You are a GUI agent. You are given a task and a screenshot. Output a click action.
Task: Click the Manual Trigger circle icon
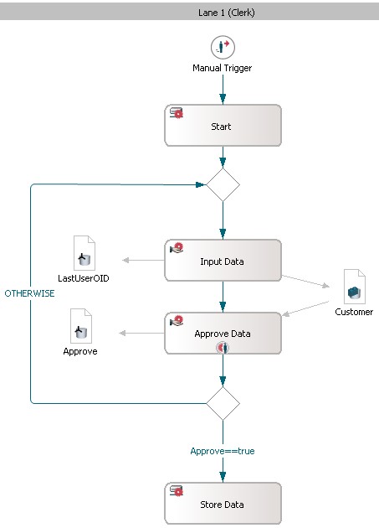(223, 48)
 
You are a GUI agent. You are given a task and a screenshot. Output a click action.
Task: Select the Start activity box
(223, 125)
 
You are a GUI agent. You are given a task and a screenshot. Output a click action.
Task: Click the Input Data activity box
(223, 261)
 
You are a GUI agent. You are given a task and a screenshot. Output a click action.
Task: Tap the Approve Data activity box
(223, 333)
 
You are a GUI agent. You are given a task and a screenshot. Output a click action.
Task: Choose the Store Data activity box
(223, 503)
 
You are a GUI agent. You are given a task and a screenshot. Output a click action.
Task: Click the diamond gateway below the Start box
(223, 185)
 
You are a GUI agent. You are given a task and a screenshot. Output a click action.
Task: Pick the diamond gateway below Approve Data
(223, 403)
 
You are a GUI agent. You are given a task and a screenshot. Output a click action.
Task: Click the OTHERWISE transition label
(29, 293)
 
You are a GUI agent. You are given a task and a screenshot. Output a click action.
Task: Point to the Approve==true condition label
(223, 451)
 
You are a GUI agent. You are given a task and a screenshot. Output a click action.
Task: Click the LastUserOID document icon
(84, 253)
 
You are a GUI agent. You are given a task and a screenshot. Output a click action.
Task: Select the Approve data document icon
(80, 326)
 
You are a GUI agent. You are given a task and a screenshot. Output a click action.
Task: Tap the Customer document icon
(355, 287)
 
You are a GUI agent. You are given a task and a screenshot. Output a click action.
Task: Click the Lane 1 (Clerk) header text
(227, 13)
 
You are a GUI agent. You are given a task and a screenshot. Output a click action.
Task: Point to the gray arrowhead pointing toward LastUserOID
(125, 260)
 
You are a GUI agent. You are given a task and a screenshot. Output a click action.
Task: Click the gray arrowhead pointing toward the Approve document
(122, 333)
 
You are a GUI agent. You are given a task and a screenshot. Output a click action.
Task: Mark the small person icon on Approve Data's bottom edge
(223, 347)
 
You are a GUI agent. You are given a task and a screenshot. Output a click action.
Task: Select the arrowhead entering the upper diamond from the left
(200, 184)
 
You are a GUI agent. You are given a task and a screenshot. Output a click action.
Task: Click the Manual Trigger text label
(222, 68)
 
